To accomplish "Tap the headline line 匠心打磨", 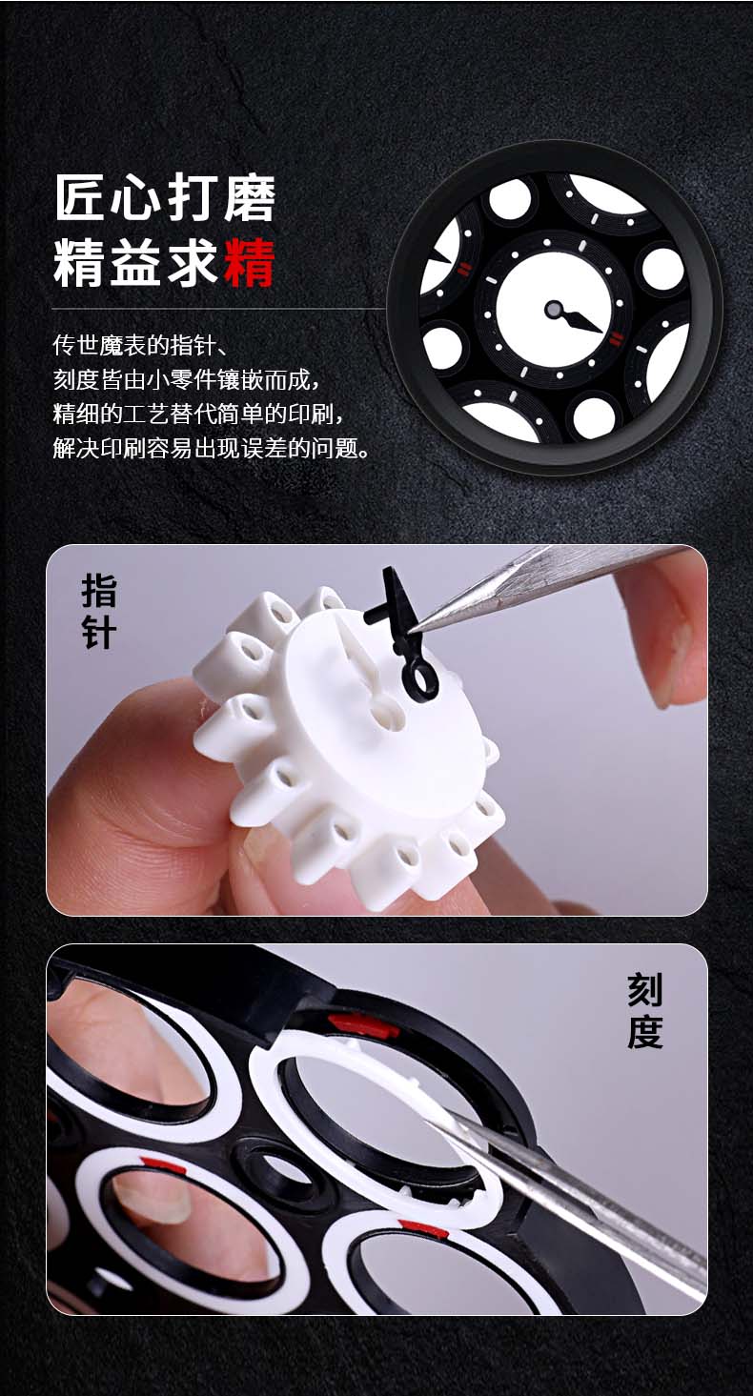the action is coord(165,198).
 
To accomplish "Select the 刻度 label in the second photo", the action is coord(644,1011).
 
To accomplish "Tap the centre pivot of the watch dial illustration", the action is coord(554,309).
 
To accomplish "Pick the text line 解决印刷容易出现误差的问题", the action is coord(211,448).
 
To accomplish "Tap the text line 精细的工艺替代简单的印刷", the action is coord(197,414).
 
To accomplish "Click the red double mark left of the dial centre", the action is coord(464,269).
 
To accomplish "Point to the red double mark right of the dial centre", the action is coord(616,339).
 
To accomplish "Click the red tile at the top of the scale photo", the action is coord(363,1024).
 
